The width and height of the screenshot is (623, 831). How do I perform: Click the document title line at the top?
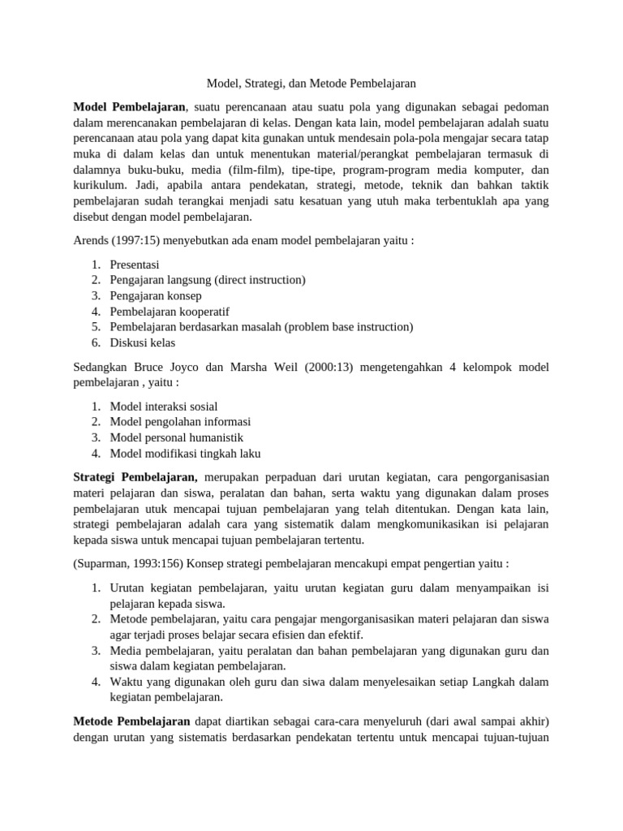coord(311,84)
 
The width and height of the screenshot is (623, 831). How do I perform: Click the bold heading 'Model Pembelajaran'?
coord(130,107)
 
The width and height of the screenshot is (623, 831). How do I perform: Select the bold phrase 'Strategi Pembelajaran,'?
coord(135,478)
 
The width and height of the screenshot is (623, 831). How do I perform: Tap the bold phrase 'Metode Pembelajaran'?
coord(131,721)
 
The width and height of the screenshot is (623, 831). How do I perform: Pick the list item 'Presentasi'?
coord(135,265)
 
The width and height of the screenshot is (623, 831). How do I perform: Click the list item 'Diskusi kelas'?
coord(142,342)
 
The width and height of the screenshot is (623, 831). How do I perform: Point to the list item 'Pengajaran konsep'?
coord(156,295)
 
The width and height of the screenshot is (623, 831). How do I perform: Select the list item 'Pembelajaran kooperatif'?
coord(170,312)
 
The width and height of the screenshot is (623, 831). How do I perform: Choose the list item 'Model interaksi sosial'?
coord(164,406)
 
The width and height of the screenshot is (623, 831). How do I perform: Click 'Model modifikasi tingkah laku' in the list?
coord(186,454)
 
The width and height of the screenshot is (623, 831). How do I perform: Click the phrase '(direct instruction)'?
coord(260,280)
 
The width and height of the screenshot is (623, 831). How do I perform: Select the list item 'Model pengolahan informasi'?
coord(180,421)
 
